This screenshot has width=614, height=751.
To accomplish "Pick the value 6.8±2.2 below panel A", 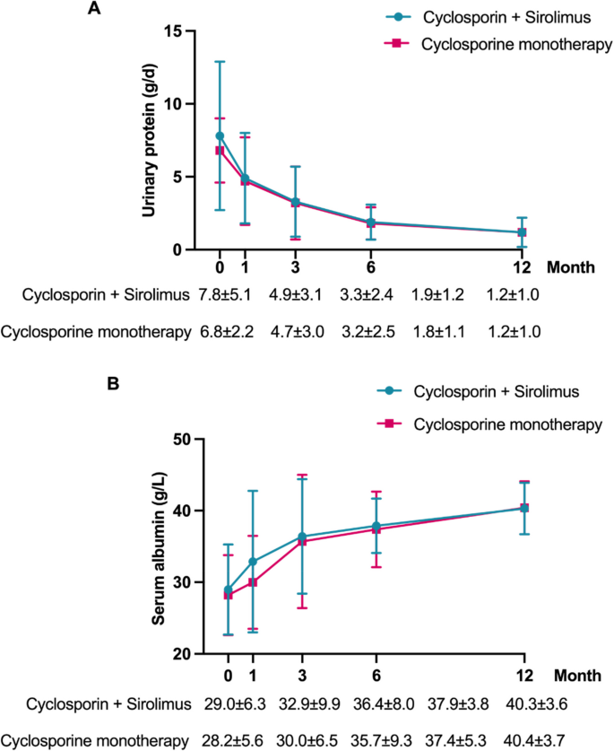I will click(224, 331).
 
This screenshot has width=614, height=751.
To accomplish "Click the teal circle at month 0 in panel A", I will click(220, 135).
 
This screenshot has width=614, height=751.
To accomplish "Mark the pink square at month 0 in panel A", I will click(220, 151).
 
